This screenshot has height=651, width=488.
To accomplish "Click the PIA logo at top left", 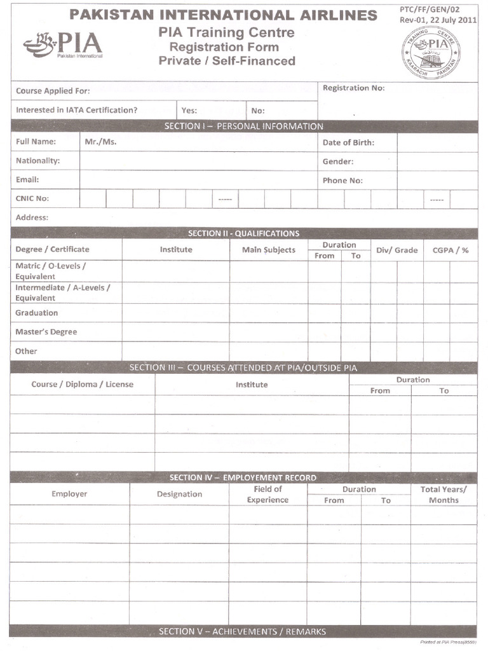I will click(x=62, y=45).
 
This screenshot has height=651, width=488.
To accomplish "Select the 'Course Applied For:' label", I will click(x=53, y=91).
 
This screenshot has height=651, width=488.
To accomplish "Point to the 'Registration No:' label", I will click(x=353, y=88).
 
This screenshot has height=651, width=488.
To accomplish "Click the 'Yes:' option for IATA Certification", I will click(x=189, y=110).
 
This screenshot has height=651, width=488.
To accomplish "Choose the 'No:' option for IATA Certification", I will click(x=258, y=110).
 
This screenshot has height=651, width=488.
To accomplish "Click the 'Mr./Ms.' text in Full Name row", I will click(x=100, y=142).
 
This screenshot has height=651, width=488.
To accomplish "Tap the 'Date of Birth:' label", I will click(x=348, y=142).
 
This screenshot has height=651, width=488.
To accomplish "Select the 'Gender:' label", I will click(x=337, y=161).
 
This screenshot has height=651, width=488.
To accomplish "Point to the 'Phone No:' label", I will click(x=342, y=181).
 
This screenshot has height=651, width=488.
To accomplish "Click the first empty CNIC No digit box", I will click(x=93, y=199).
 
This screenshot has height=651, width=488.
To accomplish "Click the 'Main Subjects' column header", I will click(x=269, y=250).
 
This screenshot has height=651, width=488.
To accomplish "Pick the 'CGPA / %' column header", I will click(x=451, y=250).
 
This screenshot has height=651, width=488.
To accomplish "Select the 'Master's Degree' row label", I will click(x=46, y=332).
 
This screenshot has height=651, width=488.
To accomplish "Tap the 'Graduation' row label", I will click(x=36, y=313).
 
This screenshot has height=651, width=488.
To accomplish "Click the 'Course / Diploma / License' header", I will click(x=83, y=385).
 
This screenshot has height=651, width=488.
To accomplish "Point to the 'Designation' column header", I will click(x=179, y=494).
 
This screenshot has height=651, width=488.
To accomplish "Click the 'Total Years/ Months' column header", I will click(x=444, y=495).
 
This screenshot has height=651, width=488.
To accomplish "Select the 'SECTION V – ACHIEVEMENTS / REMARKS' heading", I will click(x=242, y=631).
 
